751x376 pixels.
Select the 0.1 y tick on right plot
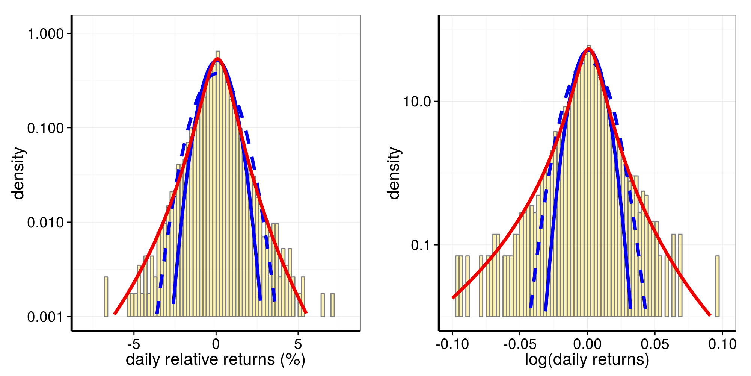click(x=423, y=245)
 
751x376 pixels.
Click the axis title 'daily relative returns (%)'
click(x=216, y=360)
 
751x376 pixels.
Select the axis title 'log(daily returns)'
click(x=587, y=360)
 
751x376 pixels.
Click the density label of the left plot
click(x=18, y=173)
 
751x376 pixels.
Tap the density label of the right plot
click(x=394, y=173)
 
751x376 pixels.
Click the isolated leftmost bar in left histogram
click(x=106, y=297)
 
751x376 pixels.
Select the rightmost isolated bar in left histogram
click(x=332, y=305)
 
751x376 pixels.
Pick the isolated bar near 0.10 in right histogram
click(x=717, y=286)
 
